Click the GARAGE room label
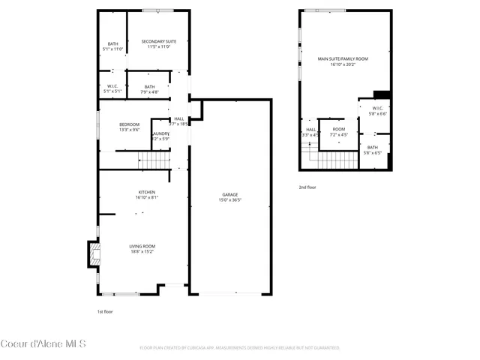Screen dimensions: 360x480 pyautogui.click(x=229, y=194)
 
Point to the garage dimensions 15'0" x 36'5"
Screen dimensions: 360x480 pyautogui.click(x=229, y=199)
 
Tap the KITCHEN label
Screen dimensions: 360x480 pyautogui.click(x=146, y=192)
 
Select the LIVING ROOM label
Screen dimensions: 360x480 pyautogui.click(x=141, y=247)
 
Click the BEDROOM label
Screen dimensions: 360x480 pyautogui.click(x=130, y=124)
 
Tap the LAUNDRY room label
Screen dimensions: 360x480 pyautogui.click(x=161, y=133)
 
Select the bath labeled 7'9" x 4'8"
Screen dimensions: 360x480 pyautogui.click(x=150, y=87)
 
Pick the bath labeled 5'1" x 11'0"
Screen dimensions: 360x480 pyautogui.click(x=112, y=44)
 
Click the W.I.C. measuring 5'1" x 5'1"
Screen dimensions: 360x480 pyautogui.click(x=112, y=87)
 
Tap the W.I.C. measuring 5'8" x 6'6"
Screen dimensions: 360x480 pyautogui.click(x=376, y=109)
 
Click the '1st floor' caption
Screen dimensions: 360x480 pyautogui.click(x=104, y=311)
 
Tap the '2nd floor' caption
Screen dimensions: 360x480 pyautogui.click(x=307, y=187)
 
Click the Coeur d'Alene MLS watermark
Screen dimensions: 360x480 pyautogui.click(x=43, y=344)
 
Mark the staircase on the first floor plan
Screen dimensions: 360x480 pyautogui.click(x=153, y=160)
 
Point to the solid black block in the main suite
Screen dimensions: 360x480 pyautogui.click(x=382, y=94)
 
